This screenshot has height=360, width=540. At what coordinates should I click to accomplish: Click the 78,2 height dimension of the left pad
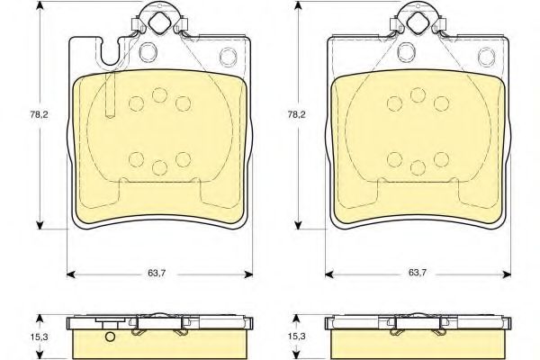click(x=39, y=114)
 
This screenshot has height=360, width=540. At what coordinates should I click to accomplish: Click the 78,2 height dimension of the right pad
click(x=296, y=114)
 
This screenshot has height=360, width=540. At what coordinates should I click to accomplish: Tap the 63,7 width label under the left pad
click(x=157, y=274)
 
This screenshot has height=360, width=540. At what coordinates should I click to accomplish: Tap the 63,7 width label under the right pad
click(x=418, y=273)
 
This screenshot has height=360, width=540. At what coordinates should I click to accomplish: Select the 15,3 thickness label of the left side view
click(x=39, y=337)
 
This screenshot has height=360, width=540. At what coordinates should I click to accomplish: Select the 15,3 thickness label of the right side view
click(x=296, y=337)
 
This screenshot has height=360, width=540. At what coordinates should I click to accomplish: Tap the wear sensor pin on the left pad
click(x=110, y=94)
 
